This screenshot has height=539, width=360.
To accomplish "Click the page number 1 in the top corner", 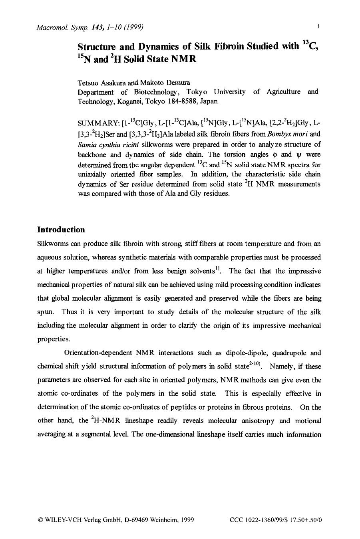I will pyautogui.click(x=318, y=27).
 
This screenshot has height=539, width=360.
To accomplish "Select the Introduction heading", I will pyautogui.click(x=61, y=230).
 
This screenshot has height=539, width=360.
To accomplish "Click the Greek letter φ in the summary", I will pyautogui.click(x=272, y=154).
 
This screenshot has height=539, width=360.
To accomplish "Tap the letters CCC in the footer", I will pyautogui.click(x=237, y=520).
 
